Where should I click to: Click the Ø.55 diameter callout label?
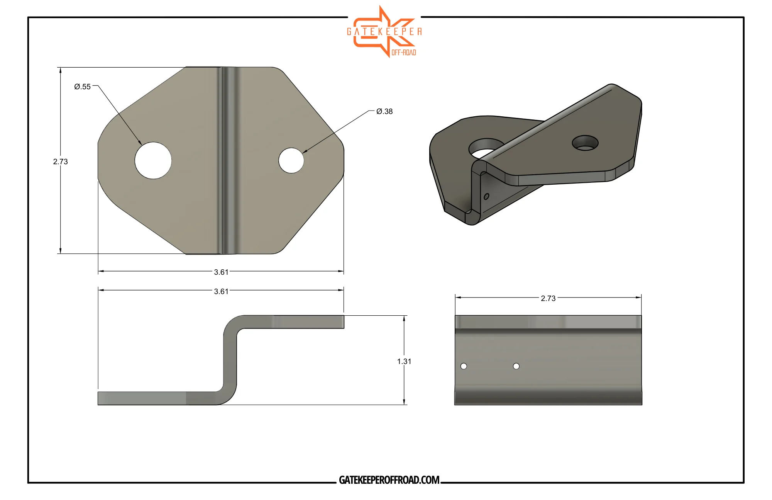point(82,87)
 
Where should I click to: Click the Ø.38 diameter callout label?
point(384,111)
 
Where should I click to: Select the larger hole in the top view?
point(153,160)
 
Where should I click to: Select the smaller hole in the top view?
point(291,160)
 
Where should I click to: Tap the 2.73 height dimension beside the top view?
point(60,162)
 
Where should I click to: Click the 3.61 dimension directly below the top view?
point(221,272)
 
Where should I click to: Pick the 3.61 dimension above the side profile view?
point(221,291)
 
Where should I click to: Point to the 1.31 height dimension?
point(404,361)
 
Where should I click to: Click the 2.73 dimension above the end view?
point(548,298)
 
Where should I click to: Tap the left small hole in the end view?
point(464,366)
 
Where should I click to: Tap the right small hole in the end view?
point(516,366)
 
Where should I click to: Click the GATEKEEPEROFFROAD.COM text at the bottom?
point(389,480)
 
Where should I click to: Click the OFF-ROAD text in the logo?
point(404,53)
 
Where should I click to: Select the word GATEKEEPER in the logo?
point(384,32)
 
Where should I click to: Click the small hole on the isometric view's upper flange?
point(585,143)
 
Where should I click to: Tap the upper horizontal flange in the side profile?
point(293,322)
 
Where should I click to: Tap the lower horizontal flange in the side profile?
point(154,398)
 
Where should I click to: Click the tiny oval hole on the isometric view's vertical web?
point(486,196)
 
